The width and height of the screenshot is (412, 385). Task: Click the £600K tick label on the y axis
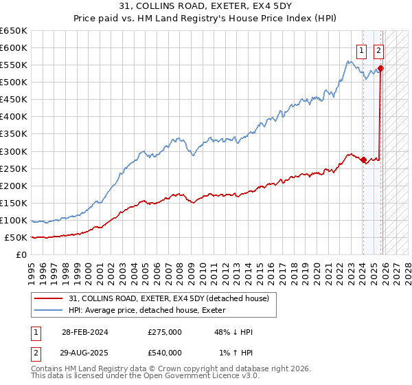(x=14, y=47)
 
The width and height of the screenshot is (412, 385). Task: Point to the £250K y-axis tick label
(x=14, y=168)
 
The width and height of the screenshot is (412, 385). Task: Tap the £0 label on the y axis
(x=21, y=254)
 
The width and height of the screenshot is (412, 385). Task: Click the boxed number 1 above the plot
(x=361, y=49)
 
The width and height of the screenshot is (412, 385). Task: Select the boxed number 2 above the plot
(x=378, y=49)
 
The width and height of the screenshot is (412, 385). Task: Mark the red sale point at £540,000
(x=380, y=68)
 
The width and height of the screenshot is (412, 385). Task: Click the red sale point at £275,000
(x=363, y=159)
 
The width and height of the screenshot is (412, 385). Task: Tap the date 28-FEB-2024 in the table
(x=81, y=331)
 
